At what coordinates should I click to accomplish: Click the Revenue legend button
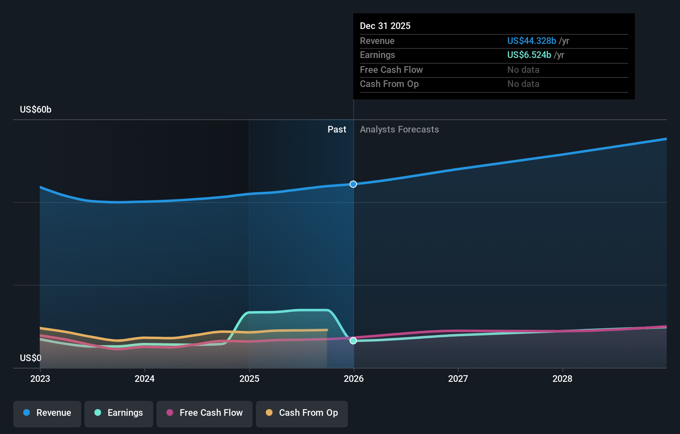[47, 413]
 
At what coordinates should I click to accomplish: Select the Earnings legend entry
[119, 413]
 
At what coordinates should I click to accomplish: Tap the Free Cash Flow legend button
[205, 413]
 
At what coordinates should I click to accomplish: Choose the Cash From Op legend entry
[302, 413]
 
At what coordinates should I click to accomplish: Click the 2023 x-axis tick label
[40, 379]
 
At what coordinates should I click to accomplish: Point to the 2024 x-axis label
[145, 379]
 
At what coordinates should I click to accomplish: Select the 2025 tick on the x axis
[249, 379]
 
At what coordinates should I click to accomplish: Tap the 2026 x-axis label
[354, 379]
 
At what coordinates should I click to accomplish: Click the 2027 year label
[458, 379]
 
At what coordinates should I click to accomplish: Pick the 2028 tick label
[562, 379]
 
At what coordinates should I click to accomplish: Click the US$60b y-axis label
[36, 109]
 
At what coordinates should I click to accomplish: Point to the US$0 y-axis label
[31, 358]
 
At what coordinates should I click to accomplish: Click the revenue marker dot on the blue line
[353, 184]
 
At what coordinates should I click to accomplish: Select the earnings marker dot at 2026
[353, 341]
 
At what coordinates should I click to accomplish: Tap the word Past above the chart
[337, 129]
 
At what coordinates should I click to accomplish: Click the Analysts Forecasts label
[399, 129]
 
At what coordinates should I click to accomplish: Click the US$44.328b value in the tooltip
[531, 41]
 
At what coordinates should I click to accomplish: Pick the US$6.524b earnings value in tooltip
[529, 55]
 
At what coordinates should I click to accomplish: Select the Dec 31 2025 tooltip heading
[385, 26]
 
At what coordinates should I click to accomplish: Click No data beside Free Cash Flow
[523, 70]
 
